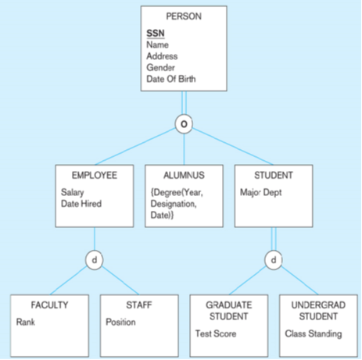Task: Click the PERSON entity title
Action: tap(184, 16)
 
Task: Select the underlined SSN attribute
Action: tap(155, 33)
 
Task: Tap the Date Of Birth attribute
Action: tap(171, 79)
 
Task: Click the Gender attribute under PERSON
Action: tap(161, 68)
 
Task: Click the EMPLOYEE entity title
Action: tap(94, 176)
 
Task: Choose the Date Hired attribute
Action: tap(81, 204)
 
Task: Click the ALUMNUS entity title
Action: tap(184, 176)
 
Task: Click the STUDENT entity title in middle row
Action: tap(274, 176)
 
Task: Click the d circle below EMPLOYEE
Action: tap(95, 258)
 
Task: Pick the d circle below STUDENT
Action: tap(274, 258)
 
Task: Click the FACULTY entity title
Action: tap(49, 305)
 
